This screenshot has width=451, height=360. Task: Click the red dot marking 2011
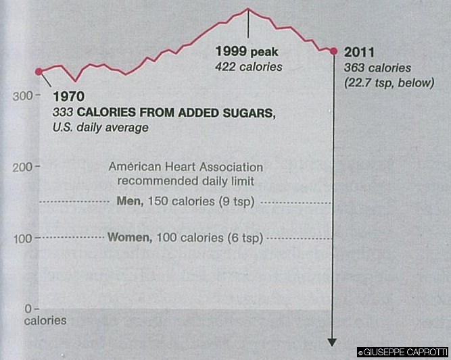(x=333, y=51)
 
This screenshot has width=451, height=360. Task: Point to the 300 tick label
(x=22, y=95)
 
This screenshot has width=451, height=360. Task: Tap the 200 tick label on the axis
(x=22, y=166)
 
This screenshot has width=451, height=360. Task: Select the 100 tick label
(x=22, y=238)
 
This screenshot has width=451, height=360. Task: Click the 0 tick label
(x=28, y=308)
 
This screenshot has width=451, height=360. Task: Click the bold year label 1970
(x=69, y=97)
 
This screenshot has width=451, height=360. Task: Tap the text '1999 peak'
(x=246, y=51)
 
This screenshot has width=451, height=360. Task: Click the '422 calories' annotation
(x=248, y=66)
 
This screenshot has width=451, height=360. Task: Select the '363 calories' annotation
(x=377, y=68)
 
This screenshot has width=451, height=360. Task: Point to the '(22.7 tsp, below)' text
(x=389, y=82)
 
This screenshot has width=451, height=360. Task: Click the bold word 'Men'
(x=128, y=202)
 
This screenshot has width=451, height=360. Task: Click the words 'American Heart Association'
(x=186, y=167)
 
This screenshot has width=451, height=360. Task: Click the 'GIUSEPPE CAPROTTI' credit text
(x=404, y=352)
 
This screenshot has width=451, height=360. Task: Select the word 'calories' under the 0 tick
(x=45, y=320)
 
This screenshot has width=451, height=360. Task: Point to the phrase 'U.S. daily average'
(x=100, y=127)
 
